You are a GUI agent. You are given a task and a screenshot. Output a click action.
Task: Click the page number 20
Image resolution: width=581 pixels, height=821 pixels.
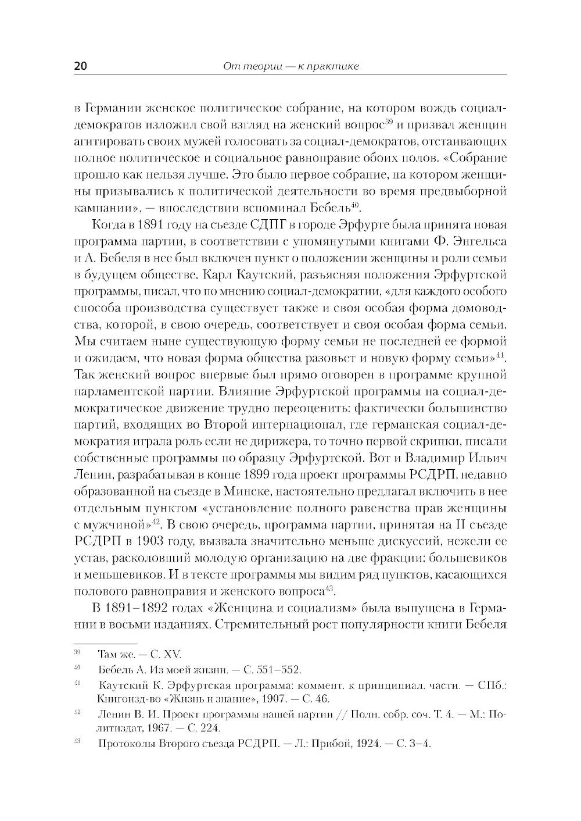[81, 66]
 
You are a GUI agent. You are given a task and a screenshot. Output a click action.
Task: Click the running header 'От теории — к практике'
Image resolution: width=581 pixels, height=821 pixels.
[291, 66]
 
